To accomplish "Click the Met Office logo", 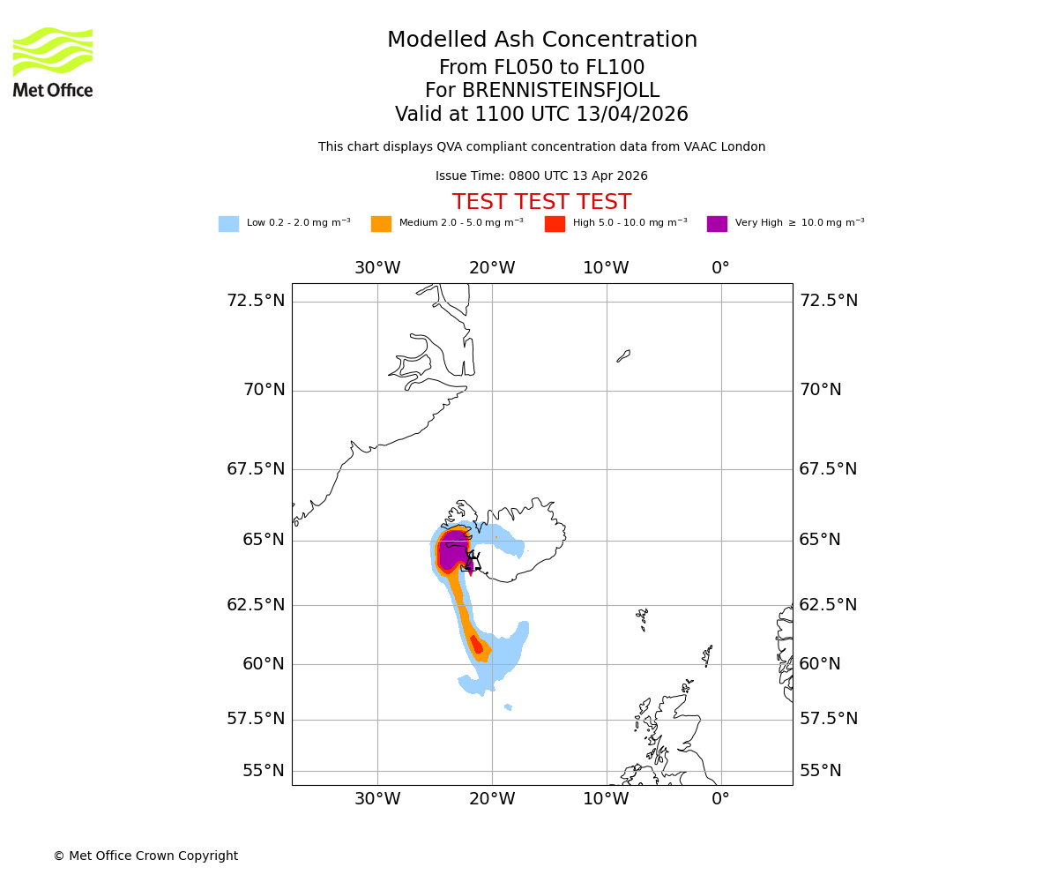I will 53,62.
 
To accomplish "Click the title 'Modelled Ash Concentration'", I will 541,40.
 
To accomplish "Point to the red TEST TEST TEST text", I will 541,202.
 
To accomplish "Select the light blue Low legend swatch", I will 228,224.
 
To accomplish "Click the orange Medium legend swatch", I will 381,224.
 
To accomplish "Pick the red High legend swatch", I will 555,224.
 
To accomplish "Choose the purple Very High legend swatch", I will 717,224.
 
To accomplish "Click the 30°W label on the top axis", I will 377,268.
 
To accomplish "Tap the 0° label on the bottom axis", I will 720,799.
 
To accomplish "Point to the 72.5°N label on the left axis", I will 256,301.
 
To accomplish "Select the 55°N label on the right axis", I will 820,771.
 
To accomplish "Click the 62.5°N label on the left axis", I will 256,605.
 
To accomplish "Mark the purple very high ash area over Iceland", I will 451,551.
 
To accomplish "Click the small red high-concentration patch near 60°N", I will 476,645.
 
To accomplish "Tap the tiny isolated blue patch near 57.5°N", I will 508,706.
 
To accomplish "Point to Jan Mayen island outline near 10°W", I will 623,355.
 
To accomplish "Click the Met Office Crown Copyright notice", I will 145,856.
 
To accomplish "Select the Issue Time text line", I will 541,176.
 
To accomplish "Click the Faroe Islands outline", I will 642,617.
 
